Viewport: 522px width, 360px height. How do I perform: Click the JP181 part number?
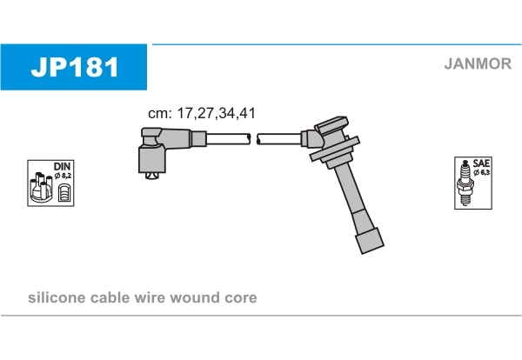coord(75,67)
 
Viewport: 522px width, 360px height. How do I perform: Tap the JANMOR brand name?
coord(478,63)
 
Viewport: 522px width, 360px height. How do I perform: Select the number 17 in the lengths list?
coord(185,113)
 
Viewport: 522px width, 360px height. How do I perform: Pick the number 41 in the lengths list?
coord(247,113)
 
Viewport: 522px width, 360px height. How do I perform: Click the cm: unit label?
coord(160,113)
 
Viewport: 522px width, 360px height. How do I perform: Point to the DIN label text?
coord(62,166)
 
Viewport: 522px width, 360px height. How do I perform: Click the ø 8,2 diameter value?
coord(63,176)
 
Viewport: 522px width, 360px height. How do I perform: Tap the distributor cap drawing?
coord(40,187)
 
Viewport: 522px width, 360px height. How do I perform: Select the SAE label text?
coord(481,163)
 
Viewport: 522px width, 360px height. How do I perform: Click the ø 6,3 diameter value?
coord(481,172)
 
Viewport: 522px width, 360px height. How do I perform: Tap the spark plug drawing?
coord(465,183)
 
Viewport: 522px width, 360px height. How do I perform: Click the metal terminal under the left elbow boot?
coord(152,176)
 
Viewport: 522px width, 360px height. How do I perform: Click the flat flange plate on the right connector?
coord(335,149)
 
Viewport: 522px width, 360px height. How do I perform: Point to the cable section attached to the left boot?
coord(228,139)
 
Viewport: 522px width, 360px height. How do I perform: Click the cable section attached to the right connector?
coord(279,139)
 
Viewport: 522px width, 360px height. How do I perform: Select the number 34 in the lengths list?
coord(227,113)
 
